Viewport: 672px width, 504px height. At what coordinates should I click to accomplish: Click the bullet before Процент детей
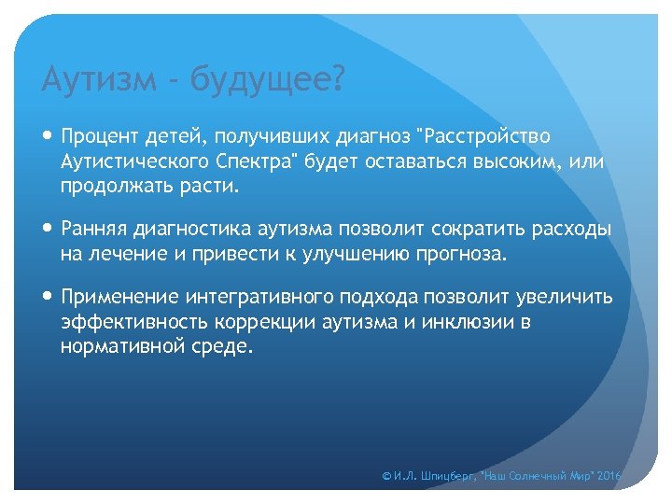(x=49, y=137)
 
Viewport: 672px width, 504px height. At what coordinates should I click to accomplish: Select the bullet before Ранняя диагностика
(x=49, y=230)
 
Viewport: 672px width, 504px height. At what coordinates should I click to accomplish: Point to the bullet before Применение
(x=49, y=297)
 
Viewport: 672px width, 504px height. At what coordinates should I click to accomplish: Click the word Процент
(x=100, y=138)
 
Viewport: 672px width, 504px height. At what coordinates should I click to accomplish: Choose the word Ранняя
(x=91, y=230)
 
